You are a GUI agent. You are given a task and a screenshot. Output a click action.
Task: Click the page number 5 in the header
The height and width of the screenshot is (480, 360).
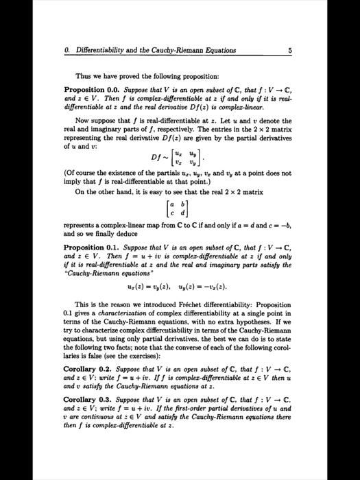coord(291,49)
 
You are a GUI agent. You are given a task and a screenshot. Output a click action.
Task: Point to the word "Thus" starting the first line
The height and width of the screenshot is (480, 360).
coord(84,75)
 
